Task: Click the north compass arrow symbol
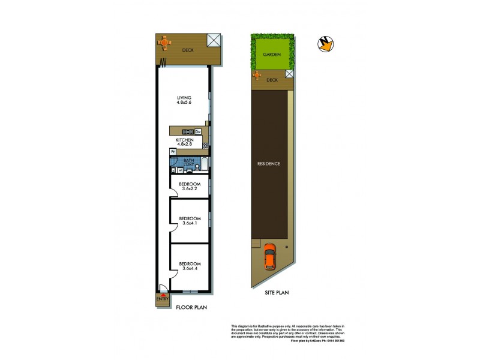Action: coord(326,43)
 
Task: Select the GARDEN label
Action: coord(271,53)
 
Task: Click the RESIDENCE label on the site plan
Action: coord(269,163)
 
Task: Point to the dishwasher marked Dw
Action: coord(197,131)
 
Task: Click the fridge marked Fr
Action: coord(173,152)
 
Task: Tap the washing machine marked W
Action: coord(180,169)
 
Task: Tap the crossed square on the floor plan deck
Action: coord(213,40)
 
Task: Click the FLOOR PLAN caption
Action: coord(191,307)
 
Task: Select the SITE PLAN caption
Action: coord(277,293)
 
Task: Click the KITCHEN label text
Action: coord(184,139)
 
